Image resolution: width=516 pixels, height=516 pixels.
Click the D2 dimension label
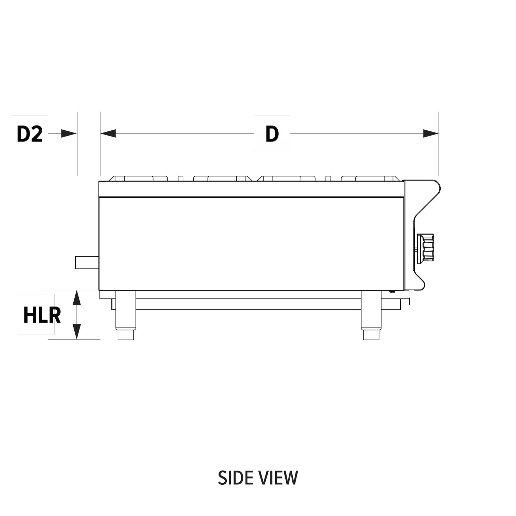(x=30, y=134)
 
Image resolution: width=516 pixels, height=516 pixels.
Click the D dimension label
(x=272, y=134)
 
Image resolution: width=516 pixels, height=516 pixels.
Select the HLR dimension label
(x=42, y=314)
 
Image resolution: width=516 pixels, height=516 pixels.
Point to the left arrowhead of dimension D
(x=108, y=133)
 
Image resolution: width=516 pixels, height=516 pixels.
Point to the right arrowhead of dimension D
(x=431, y=133)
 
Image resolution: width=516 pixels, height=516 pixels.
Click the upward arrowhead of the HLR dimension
(x=77, y=298)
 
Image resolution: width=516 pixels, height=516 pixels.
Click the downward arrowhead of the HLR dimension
(x=77, y=331)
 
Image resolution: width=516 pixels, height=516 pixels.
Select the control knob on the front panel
(x=426, y=248)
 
